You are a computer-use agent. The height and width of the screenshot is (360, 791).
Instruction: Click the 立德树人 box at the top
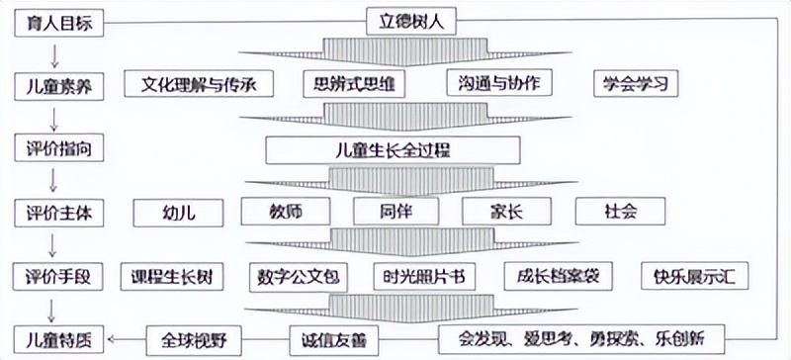click(412, 21)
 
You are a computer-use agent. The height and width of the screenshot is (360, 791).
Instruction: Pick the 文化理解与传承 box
click(198, 83)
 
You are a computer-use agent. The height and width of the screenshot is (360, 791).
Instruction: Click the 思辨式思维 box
click(353, 83)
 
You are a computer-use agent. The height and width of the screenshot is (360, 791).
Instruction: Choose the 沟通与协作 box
click(498, 83)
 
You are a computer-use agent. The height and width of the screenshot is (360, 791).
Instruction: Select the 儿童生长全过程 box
click(394, 150)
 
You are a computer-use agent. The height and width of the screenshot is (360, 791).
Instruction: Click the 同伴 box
click(395, 211)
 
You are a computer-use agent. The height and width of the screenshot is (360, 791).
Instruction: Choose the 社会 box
click(621, 212)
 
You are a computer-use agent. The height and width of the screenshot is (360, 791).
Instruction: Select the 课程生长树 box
click(172, 276)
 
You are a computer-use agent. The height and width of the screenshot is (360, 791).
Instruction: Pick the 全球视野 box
click(193, 339)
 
